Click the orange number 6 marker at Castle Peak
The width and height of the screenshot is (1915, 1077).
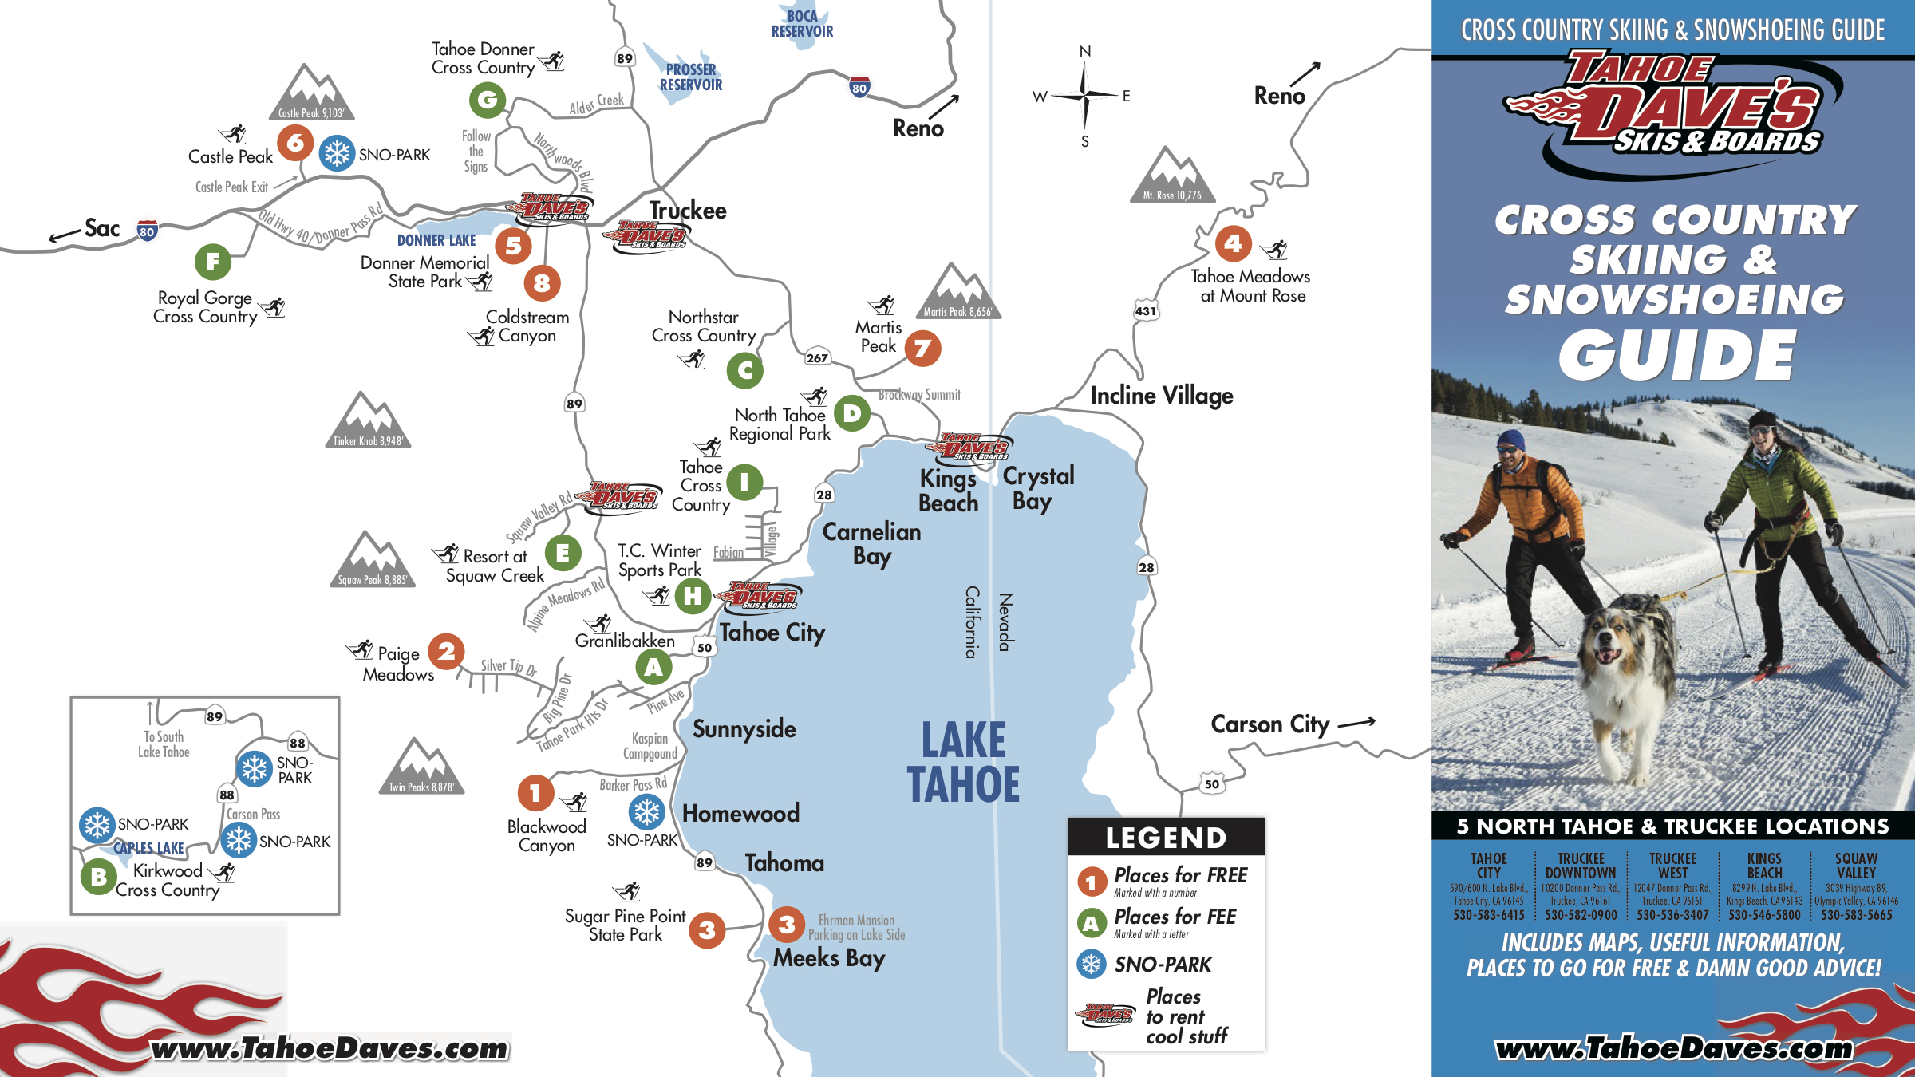[295, 143]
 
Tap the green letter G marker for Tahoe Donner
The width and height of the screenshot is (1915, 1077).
[488, 101]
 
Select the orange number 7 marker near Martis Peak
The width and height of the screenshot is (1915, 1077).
[922, 349]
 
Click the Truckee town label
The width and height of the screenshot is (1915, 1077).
[687, 211]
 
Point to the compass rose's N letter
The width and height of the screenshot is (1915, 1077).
[1084, 52]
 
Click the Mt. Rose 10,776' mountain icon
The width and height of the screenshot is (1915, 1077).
[1172, 176]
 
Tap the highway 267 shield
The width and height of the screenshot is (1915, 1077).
[817, 358]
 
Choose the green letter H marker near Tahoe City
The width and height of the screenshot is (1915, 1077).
[693, 596]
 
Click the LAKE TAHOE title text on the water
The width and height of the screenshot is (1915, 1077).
[963, 762]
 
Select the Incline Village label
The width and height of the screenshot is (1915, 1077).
[1161, 396]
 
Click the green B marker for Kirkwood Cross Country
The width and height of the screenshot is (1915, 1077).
[98, 877]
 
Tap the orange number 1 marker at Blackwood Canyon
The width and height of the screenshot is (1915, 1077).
[535, 793]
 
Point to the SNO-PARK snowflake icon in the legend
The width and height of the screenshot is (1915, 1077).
[1091, 964]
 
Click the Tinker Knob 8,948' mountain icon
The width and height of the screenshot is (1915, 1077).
[368, 420]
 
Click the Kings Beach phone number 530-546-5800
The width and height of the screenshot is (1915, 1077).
[1764, 915]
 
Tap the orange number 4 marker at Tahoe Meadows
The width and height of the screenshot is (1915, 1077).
[1233, 243]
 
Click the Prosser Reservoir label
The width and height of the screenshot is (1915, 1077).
[690, 77]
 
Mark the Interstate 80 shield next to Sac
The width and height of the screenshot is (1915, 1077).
[147, 231]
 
